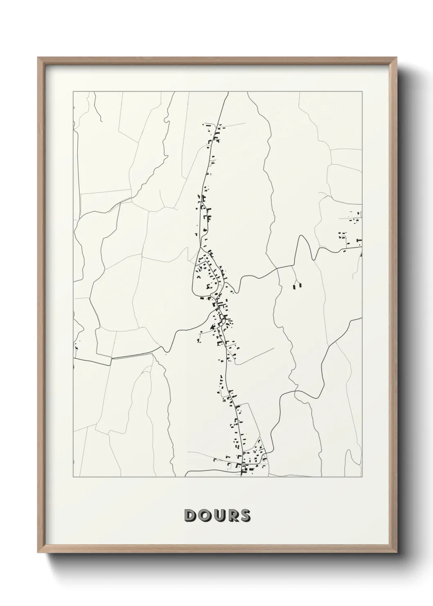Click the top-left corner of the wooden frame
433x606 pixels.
click(x=38, y=58)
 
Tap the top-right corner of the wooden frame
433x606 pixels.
click(x=397, y=58)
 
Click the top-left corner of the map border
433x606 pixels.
click(x=73, y=92)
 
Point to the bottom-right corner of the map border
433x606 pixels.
click(x=362, y=477)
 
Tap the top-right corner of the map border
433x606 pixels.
click(x=362, y=92)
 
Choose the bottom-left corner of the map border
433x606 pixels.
click(x=73, y=477)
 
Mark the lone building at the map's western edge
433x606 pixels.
click(x=76, y=348)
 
